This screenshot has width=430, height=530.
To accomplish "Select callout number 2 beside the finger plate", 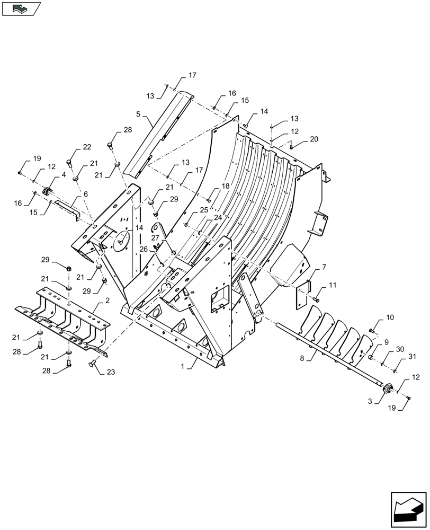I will pyautogui.click(x=107, y=301).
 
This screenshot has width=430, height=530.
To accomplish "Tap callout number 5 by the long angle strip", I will pyautogui.click(x=138, y=114).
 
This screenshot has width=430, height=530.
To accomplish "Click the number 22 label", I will pyautogui.click(x=86, y=147).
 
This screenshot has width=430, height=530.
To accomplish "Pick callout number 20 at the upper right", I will pyautogui.click(x=314, y=138).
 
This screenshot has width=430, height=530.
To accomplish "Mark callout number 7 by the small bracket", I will pyautogui.click(x=324, y=267).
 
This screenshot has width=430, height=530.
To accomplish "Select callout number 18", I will pyautogui.click(x=226, y=187).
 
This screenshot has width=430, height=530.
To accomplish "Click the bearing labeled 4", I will pyautogui.click(x=47, y=190).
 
